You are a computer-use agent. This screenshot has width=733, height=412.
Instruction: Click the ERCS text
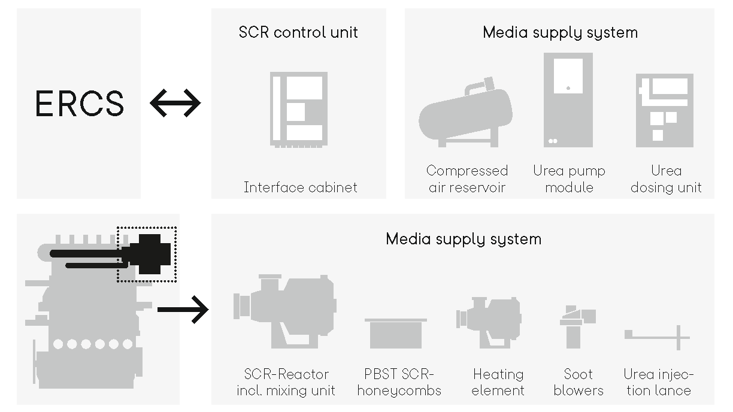(80, 103)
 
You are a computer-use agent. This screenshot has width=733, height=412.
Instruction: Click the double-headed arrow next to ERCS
(175, 103)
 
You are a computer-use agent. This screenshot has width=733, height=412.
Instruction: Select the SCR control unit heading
(298, 32)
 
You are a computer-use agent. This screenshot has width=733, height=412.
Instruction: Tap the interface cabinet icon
(299, 109)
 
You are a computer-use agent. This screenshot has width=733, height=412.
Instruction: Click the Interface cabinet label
(300, 187)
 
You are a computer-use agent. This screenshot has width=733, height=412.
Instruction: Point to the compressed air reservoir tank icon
(466, 114)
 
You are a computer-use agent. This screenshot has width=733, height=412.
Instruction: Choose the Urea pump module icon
(568, 99)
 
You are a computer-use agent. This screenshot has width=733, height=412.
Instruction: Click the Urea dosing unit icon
(664, 110)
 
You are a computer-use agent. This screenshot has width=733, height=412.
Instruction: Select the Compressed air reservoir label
(467, 179)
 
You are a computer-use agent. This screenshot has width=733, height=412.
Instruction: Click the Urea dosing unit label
(665, 179)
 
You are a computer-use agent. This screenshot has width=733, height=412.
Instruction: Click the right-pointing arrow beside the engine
(183, 310)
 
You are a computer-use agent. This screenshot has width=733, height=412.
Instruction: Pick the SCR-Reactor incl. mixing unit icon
(284, 310)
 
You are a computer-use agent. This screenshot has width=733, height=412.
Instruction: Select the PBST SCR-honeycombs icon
(396, 333)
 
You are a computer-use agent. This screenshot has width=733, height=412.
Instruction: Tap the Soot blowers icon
(577, 326)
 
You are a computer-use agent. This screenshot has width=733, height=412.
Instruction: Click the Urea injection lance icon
(657, 337)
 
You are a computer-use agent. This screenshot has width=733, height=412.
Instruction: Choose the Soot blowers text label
(578, 382)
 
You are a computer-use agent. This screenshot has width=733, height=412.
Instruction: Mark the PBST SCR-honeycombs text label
(399, 382)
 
